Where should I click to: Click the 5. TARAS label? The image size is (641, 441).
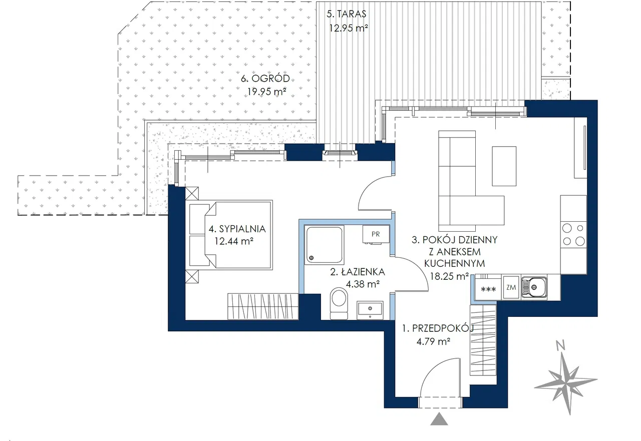pyautogui.click(x=346, y=14)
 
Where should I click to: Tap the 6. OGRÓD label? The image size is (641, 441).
pyautogui.click(x=265, y=79)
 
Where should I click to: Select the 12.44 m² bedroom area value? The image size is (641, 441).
pyautogui.click(x=234, y=241)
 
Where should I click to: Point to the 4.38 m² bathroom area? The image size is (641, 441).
pyautogui.click(x=363, y=284)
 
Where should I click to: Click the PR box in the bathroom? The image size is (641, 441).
pyautogui.click(x=376, y=234)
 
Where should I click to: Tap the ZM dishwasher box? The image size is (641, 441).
pyautogui.click(x=511, y=287)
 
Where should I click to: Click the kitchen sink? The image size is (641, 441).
pyautogui.click(x=534, y=287)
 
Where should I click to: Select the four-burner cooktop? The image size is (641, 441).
pyautogui.click(x=573, y=235)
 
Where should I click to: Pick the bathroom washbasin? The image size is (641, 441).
pyautogui.click(x=370, y=310)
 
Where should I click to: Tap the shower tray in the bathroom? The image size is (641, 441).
pyautogui.click(x=324, y=244)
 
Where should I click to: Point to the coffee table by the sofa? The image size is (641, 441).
pyautogui.click(x=504, y=166)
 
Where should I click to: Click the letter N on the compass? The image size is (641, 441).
pyautogui.click(x=560, y=345)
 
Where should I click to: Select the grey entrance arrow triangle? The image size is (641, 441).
pyautogui.click(x=439, y=419)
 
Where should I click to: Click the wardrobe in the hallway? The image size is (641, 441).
pyautogui.click(x=483, y=340)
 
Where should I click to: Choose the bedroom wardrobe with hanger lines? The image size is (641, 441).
pyautogui.click(x=263, y=306)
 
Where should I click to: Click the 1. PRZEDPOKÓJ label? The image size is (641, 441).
pyautogui.click(x=438, y=328)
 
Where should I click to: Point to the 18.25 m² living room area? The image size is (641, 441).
pyautogui.click(x=449, y=276)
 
